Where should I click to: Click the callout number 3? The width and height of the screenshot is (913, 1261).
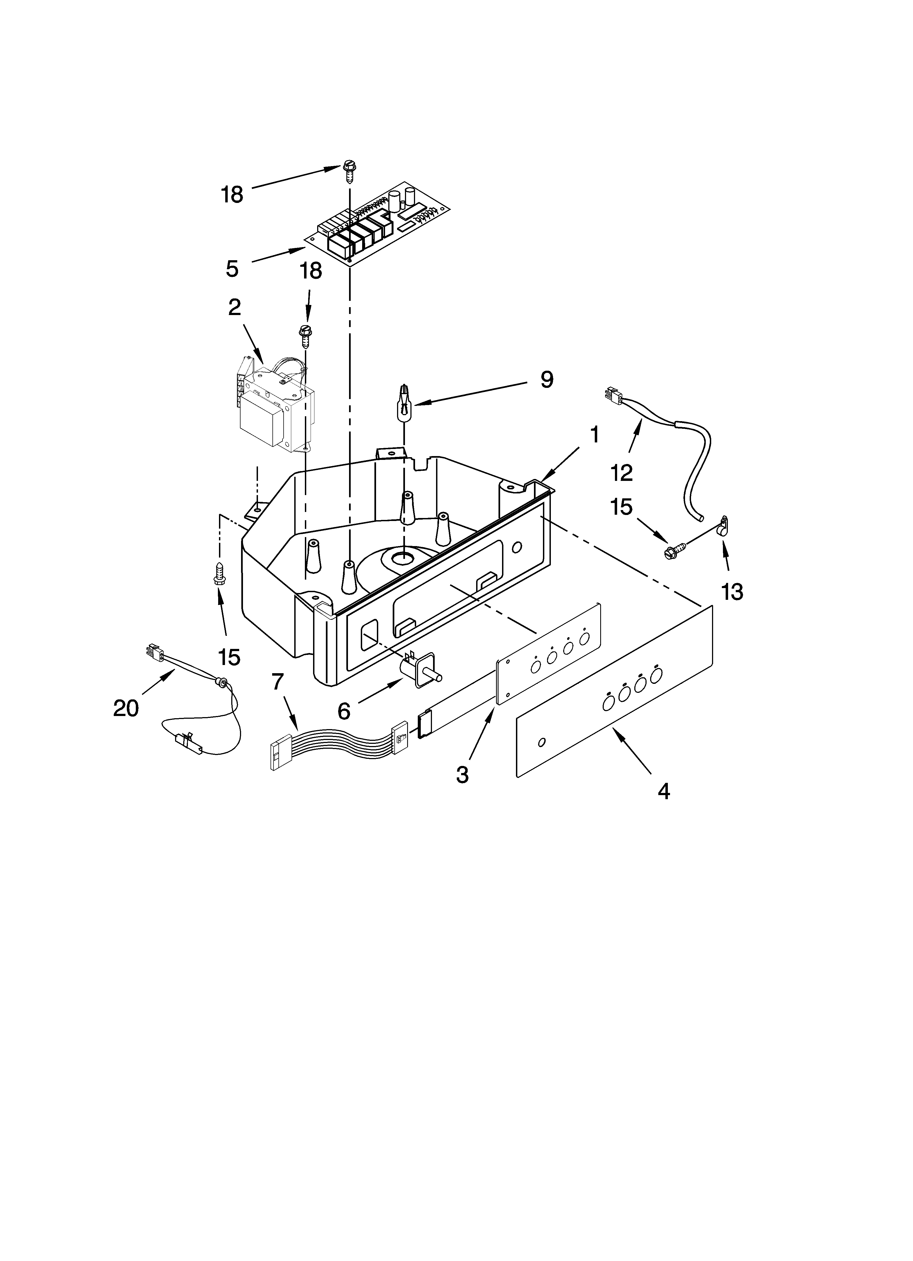tap(462, 774)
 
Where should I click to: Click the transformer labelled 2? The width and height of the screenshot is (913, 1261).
tap(275, 409)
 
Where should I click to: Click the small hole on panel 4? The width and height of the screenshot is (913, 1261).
tap(542, 742)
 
